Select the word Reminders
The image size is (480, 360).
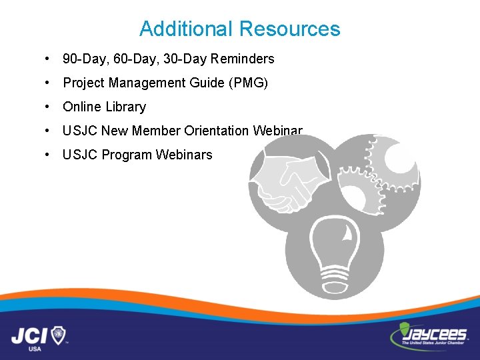[x=242, y=59]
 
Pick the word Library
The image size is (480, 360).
[x=124, y=107]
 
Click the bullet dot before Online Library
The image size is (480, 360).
[x=47, y=107]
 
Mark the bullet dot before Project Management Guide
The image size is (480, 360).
[x=47, y=83]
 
